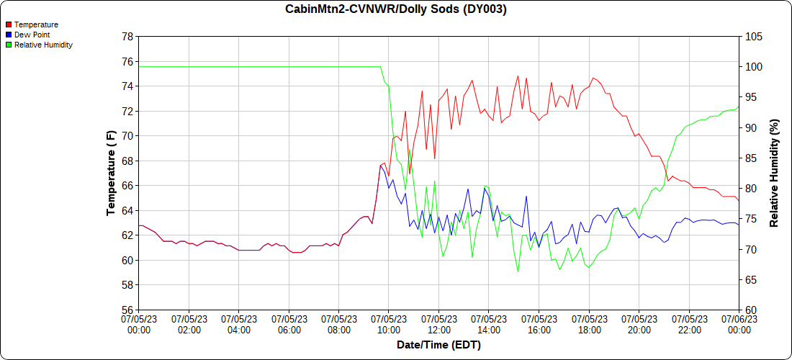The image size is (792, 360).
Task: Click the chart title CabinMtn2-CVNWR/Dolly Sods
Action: click(x=396, y=9)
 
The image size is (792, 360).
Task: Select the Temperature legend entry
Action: click(x=36, y=24)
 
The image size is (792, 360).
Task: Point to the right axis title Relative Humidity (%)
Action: click(x=775, y=173)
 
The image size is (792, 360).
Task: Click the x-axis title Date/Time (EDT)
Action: click(x=438, y=345)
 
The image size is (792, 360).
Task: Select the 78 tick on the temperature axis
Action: click(x=127, y=36)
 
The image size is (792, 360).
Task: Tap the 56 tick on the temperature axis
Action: click(x=127, y=310)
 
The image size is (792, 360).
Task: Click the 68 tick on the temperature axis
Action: click(x=127, y=161)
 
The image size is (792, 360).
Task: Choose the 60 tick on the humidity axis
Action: click(x=751, y=310)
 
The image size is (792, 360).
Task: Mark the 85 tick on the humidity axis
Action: click(x=751, y=158)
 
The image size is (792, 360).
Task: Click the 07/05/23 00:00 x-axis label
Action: click(x=139, y=323)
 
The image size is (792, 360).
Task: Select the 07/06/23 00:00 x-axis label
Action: click(x=739, y=323)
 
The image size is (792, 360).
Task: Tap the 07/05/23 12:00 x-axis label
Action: click(x=439, y=323)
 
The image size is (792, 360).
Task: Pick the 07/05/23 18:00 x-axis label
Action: click(x=589, y=323)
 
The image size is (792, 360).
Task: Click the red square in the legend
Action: click(x=9, y=24)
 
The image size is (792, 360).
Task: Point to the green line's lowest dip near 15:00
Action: click(x=518, y=271)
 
